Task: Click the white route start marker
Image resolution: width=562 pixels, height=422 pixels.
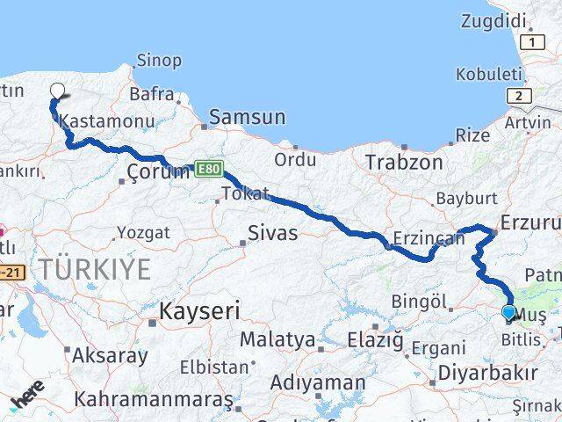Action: [58, 90]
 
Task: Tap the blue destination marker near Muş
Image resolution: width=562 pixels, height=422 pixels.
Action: [508, 312]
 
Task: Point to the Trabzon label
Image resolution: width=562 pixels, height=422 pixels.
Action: [404, 163]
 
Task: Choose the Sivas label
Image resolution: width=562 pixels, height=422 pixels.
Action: [273, 234]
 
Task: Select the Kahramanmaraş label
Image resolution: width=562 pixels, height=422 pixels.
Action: [155, 399]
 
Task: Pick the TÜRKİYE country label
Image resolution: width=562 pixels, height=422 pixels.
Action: [95, 269]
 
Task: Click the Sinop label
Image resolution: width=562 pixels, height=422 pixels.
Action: [159, 61]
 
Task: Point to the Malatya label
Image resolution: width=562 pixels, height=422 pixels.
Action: [277, 339]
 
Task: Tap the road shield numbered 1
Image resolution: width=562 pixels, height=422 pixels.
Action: [531, 41]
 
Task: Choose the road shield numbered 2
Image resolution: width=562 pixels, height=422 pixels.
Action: [520, 96]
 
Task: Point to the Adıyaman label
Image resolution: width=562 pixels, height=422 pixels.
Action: [318, 383]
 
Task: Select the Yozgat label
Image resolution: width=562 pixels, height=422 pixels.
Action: [141, 234]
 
